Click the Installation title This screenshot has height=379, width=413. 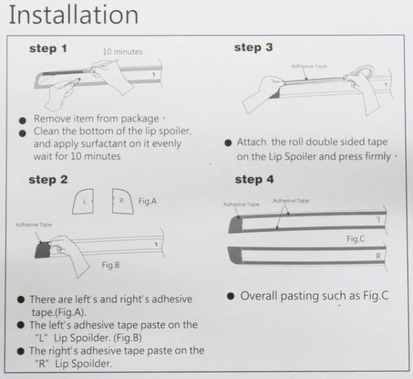[74, 14]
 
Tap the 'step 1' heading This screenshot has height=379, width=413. [48, 49]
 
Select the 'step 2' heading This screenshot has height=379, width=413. [48, 180]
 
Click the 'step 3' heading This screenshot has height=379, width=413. [253, 48]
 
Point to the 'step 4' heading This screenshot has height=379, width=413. [255, 180]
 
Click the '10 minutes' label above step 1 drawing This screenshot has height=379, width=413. [123, 52]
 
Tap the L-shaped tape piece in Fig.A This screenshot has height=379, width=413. [83, 201]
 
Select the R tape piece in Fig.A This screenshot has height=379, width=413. [123, 201]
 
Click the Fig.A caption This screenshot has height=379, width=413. [147, 201]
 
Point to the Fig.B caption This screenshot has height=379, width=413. [111, 265]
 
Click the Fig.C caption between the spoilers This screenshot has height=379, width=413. [356, 238]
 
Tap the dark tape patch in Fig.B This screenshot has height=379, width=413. [43, 249]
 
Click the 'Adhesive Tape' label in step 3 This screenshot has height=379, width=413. [309, 66]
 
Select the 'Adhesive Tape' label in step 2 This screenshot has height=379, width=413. [34, 225]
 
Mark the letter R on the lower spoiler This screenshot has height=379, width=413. [379, 256]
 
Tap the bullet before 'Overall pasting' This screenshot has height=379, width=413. [231, 296]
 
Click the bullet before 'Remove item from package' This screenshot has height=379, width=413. [23, 121]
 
